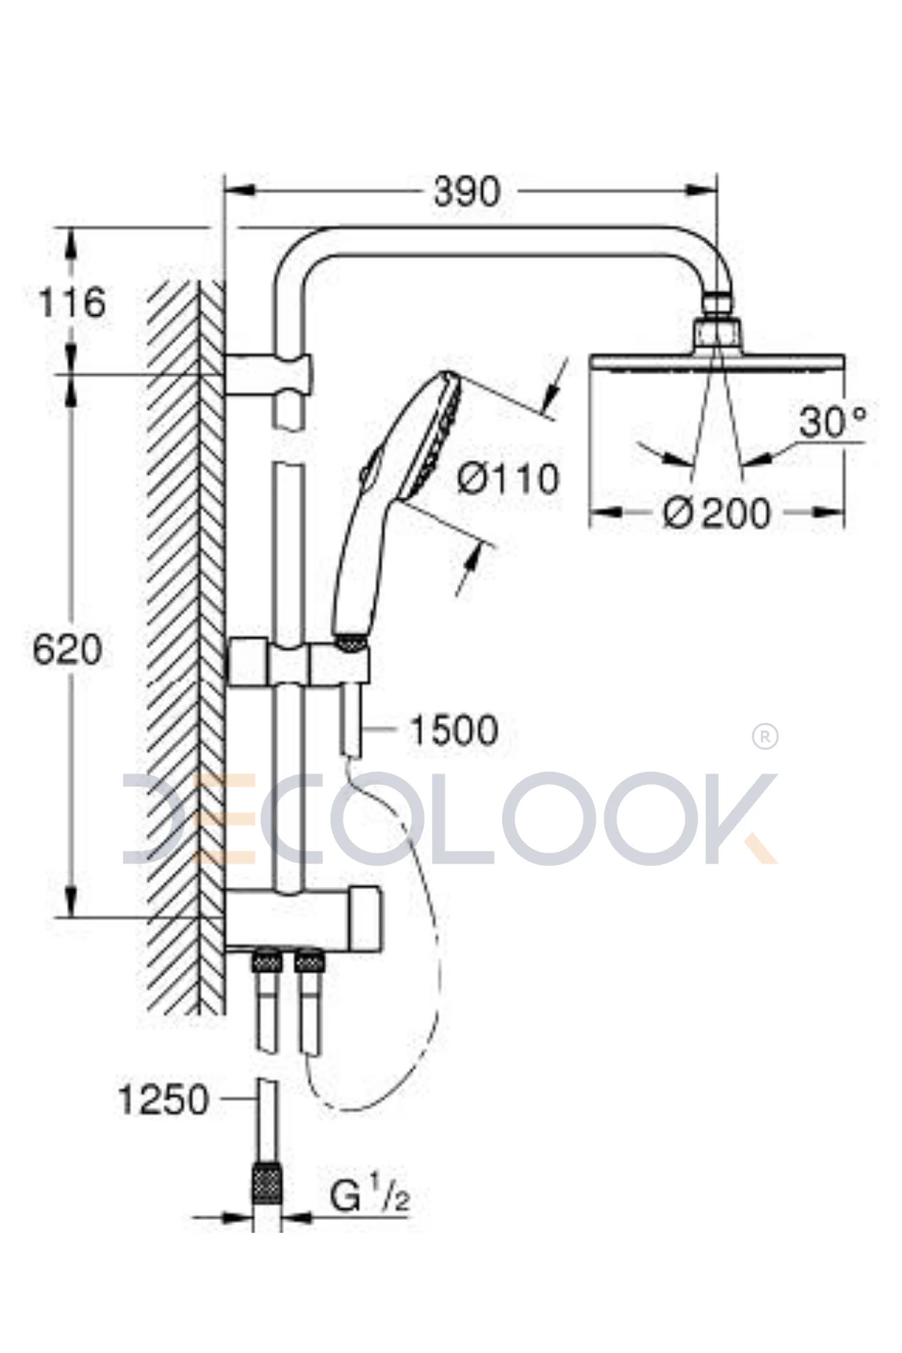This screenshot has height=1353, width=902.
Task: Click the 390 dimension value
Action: point(466,193)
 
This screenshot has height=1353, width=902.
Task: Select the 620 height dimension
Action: point(67,649)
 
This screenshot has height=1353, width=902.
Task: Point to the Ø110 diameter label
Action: point(508,478)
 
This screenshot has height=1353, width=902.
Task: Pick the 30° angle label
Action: point(832,422)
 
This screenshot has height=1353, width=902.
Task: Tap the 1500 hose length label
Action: point(454,729)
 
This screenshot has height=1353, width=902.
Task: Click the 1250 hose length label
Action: point(163,1100)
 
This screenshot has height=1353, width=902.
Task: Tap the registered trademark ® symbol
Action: point(764,737)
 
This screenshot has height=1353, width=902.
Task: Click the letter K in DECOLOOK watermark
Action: point(729,819)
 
